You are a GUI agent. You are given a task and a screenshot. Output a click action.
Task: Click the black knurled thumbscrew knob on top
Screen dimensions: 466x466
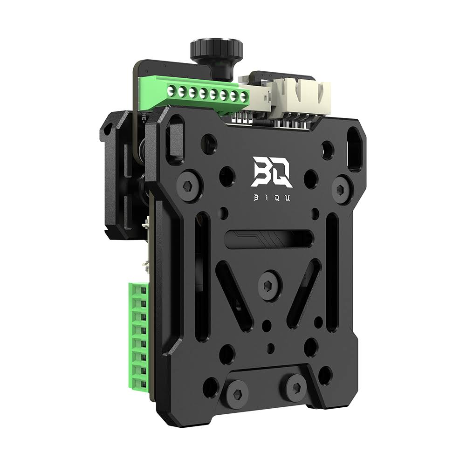point(216,48)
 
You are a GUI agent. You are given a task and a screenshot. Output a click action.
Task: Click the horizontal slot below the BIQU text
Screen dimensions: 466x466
point(268,239)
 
